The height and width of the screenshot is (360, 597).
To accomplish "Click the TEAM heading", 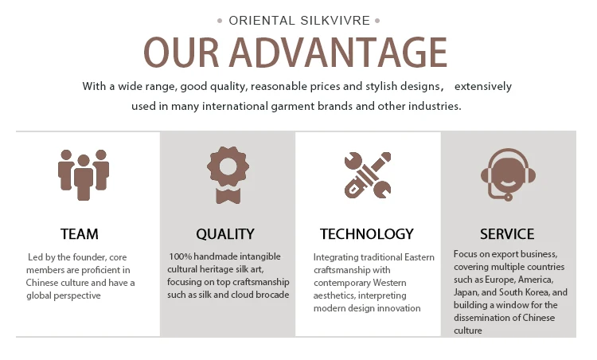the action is pyautogui.click(x=79, y=234).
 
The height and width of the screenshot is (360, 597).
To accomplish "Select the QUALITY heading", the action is pyautogui.click(x=225, y=234).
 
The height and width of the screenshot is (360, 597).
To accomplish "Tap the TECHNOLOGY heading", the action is pyautogui.click(x=367, y=234).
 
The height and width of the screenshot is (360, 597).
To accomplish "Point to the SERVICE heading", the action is pyautogui.click(x=507, y=234).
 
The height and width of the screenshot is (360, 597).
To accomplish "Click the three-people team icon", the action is pyautogui.click(x=84, y=175).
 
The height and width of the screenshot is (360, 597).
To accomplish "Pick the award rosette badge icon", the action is pyautogui.click(x=228, y=175).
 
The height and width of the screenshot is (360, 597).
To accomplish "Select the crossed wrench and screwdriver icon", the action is pyautogui.click(x=368, y=175).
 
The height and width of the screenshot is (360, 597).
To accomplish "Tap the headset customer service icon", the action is pyautogui.click(x=508, y=174).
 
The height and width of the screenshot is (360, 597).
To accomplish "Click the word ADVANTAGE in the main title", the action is pyautogui.click(x=338, y=53).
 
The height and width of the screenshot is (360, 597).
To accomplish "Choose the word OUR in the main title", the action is pyautogui.click(x=181, y=53).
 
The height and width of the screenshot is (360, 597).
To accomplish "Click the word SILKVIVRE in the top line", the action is pyautogui.click(x=335, y=21).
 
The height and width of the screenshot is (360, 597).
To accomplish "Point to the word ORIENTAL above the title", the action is pyautogui.click(x=262, y=21).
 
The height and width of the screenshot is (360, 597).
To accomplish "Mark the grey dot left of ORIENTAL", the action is pyautogui.click(x=220, y=21).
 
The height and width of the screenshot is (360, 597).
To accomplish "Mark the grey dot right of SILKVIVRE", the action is pyautogui.click(x=377, y=21).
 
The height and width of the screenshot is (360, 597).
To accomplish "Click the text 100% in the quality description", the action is pyautogui.click(x=180, y=256).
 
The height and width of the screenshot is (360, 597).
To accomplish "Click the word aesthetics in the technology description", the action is pyautogui.click(x=334, y=295).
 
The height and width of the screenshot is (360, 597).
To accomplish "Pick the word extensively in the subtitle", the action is pyautogui.click(x=483, y=87).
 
